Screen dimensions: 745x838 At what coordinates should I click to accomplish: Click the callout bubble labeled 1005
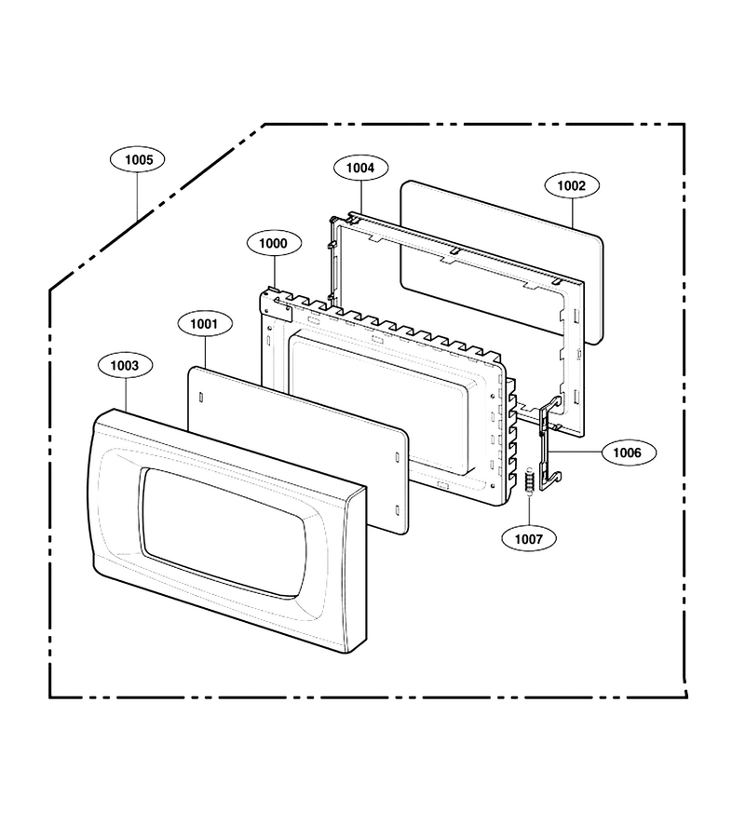coord(139,159)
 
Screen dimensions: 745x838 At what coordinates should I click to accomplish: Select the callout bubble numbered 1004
coord(360,168)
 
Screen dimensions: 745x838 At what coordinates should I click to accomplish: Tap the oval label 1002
coord(572,185)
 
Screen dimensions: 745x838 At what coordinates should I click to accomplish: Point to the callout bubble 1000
coord(274,243)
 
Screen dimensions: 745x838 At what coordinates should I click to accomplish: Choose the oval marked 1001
coord(204,323)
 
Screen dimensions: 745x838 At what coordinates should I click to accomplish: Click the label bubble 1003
coord(125,366)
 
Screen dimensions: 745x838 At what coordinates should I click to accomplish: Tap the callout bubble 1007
coord(529,539)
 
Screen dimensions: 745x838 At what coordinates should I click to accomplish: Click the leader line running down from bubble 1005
coord(137,196)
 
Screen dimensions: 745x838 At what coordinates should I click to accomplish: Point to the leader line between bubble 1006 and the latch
coord(576,453)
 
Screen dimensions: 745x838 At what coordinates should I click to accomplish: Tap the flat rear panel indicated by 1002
coord(501,262)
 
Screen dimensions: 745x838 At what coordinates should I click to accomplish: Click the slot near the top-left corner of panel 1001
coord(200,398)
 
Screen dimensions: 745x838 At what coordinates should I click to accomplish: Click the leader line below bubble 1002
coord(573,213)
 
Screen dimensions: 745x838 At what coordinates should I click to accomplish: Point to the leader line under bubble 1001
coord(205,352)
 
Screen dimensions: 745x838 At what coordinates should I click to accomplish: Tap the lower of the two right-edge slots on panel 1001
coord(397,509)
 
